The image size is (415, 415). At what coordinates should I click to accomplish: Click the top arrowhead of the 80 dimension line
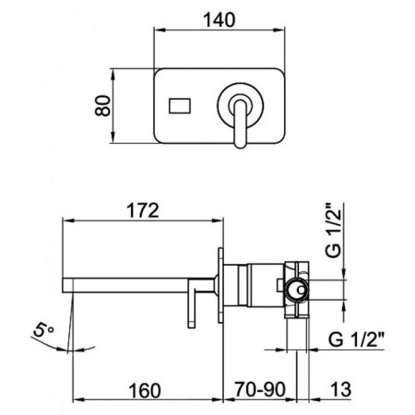119,70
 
